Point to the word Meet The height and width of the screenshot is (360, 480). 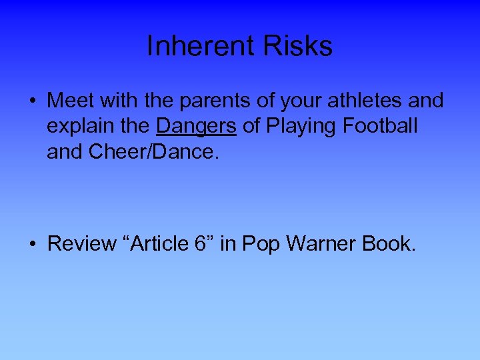[71, 101]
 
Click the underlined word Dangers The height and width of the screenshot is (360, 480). [196, 126]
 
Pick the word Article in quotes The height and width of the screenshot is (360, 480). [163, 244]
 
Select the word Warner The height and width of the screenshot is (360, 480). [321, 244]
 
